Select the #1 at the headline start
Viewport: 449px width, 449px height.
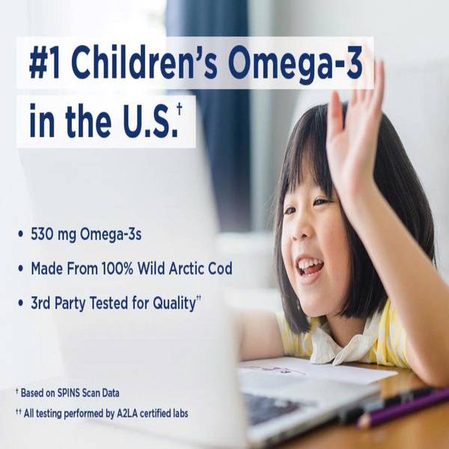44,62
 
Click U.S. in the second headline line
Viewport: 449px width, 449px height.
150,120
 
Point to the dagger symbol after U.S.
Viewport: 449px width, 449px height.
180,109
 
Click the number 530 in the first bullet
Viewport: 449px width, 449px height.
42,234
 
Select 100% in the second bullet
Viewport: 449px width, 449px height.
117,269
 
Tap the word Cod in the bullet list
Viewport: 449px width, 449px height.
220,269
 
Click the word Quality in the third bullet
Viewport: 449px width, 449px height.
174,304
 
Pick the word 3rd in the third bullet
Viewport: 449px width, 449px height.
40,303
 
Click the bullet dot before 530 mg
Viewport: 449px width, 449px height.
20,234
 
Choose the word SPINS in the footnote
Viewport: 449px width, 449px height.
68,393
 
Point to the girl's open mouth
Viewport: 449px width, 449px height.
309,268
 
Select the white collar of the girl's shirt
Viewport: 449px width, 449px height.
343,343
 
